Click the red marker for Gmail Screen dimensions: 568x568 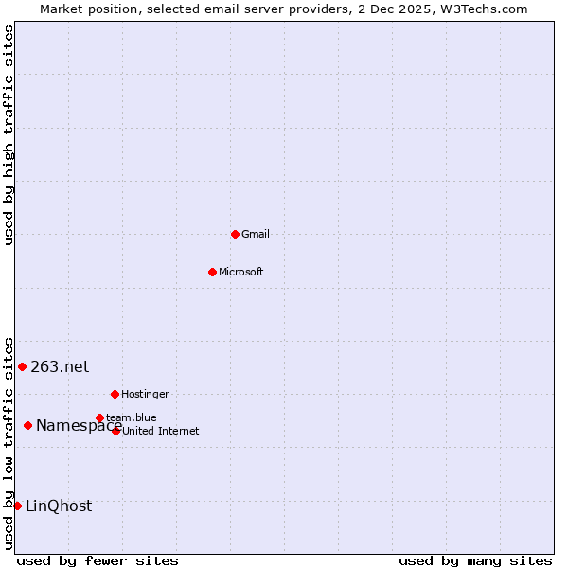pyautogui.click(x=235, y=234)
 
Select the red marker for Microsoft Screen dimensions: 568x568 pyautogui.click(x=212, y=272)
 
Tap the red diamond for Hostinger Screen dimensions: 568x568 pyautogui.click(x=115, y=394)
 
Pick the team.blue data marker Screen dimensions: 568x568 pyautogui.click(x=99, y=417)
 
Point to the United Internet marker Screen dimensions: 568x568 pyautogui.click(x=115, y=431)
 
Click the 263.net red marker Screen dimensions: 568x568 pyautogui.click(x=22, y=366)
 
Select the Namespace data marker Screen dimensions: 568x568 pyautogui.click(x=27, y=426)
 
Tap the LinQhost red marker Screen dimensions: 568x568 pyautogui.click(x=17, y=506)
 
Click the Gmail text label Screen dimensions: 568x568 pyautogui.click(x=256, y=235)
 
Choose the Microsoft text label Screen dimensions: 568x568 pyautogui.click(x=241, y=273)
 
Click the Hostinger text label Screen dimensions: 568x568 pyautogui.click(x=145, y=394)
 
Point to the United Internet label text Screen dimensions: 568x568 pyautogui.click(x=160, y=432)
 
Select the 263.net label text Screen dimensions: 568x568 pyautogui.click(x=60, y=367)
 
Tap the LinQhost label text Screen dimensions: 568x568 pyautogui.click(x=59, y=506)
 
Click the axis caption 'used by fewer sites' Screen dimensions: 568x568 pyautogui.click(x=98, y=560)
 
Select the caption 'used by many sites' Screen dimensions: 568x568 pyautogui.click(x=475, y=560)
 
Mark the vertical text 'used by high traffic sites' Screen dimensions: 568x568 pyautogui.click(x=9, y=134)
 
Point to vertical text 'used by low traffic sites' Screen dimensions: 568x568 pyautogui.click(x=9, y=442)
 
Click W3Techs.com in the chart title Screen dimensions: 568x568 pyautogui.click(x=482, y=9)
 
